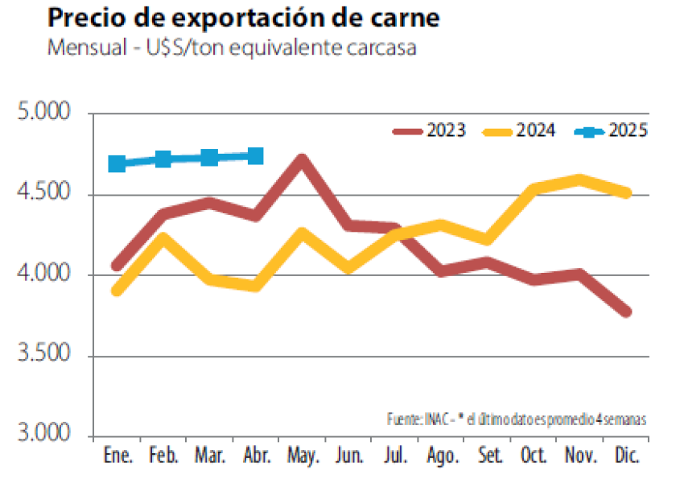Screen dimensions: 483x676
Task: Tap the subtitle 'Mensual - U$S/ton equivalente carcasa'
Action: (232, 48)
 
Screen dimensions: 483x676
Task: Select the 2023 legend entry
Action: (431, 130)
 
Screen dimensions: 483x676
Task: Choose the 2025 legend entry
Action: (612, 130)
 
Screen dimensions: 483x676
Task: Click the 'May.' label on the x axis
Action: (302, 456)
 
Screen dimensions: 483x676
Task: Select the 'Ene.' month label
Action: (117, 456)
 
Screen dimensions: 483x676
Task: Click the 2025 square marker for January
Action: (117, 163)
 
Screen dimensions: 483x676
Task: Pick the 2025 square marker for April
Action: (256, 155)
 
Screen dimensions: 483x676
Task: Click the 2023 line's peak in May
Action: (302, 159)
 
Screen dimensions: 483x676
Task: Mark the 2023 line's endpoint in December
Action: (625, 312)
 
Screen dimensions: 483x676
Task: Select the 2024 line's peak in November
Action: (579, 179)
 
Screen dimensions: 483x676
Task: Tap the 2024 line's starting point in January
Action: (117, 290)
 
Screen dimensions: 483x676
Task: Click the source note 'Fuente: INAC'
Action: (422, 419)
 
